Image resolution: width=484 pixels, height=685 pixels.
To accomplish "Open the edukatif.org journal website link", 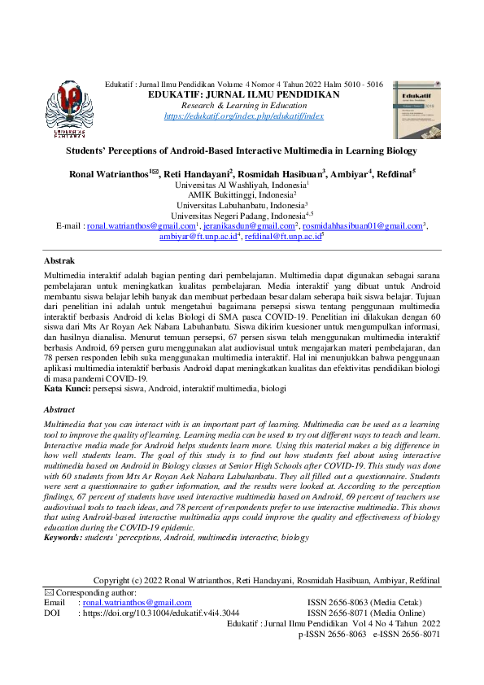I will (x=243, y=116).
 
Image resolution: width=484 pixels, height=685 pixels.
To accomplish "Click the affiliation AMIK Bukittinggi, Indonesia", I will (x=242, y=195).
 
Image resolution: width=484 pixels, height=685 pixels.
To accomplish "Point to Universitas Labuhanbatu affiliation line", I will (x=242, y=206).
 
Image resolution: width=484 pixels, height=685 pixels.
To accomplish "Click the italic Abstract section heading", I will (x=59, y=411).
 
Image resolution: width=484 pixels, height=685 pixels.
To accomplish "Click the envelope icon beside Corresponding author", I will (x=48, y=592).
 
